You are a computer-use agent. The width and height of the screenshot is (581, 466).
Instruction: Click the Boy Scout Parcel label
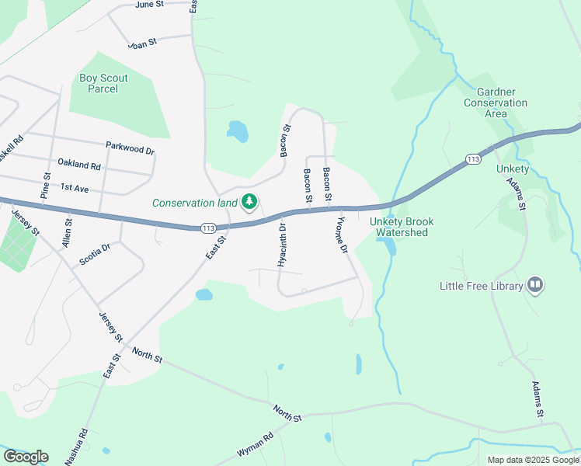click(103, 83)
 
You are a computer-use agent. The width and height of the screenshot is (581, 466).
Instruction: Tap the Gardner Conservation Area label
click(496, 103)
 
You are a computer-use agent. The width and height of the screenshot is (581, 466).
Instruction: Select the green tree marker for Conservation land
click(249, 203)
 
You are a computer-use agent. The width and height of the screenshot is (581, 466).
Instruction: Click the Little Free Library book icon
click(534, 286)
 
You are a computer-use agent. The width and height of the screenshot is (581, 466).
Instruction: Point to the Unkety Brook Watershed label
click(402, 227)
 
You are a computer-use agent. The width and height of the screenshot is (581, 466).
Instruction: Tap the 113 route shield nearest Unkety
click(473, 158)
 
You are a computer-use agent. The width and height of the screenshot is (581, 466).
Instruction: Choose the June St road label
click(149, 5)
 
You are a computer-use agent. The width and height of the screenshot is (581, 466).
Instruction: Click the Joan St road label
click(143, 44)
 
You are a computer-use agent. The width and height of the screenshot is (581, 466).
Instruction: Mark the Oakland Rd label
click(79, 165)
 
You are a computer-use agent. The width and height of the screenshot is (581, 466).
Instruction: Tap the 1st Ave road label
click(75, 187)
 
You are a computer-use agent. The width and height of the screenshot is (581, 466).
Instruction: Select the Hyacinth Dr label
click(283, 245)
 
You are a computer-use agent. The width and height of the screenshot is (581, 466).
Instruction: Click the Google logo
click(26, 457)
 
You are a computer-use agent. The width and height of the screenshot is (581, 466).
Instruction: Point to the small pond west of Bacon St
click(238, 130)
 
